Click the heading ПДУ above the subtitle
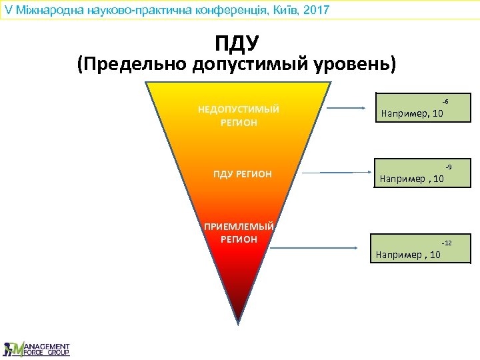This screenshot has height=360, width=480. point(237,44)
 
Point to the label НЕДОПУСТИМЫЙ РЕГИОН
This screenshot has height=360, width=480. point(239,116)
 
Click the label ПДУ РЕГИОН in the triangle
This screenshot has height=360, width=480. point(243,174)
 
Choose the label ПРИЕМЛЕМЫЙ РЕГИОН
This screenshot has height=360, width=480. point(239,232)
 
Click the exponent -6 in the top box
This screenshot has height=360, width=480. point(445,101)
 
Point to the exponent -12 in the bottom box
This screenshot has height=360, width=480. point(446,243)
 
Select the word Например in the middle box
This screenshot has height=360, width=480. point(402,179)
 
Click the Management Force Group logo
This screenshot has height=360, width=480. point(37,348)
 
